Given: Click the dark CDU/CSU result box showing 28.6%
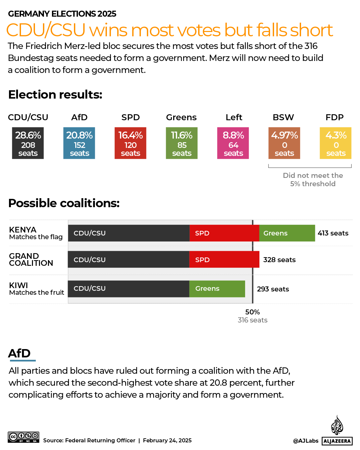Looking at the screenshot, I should tap(28, 143).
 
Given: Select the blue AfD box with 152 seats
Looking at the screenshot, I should tap(79, 143).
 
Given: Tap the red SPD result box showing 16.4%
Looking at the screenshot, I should tap(131, 143).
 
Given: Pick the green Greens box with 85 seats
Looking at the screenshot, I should tap(182, 143).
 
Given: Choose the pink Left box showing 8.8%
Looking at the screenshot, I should tap(233, 143).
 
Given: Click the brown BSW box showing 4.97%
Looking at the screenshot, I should tap(284, 143).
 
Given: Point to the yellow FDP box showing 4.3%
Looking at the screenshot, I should tap(336, 143).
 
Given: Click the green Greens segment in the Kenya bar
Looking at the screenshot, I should tap(287, 233).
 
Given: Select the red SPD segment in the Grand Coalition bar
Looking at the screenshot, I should tap(224, 259).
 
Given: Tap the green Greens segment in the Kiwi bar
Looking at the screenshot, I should tap(217, 289).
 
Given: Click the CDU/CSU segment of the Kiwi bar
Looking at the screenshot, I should tap(129, 289).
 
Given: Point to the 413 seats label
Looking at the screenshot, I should tap(333, 233).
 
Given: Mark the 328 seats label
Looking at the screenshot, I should tap(279, 260).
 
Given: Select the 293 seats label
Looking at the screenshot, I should tap(273, 289).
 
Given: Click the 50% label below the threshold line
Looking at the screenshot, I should tap(252, 312).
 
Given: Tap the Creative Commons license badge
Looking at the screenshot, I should tap(24, 437).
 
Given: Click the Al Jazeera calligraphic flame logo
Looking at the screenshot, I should tap(337, 425).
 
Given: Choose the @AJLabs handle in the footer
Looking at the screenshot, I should tap(306, 441).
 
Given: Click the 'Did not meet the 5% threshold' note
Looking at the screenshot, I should tap(313, 180).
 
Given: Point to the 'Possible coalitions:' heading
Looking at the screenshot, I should tap(64, 203).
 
